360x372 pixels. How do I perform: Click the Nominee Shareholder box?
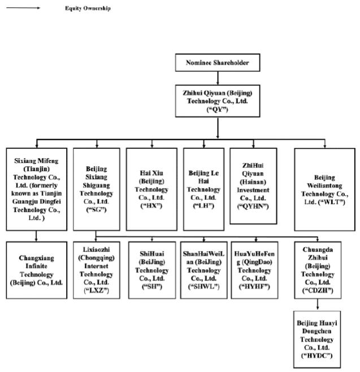218,63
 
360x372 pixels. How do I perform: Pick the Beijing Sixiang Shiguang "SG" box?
96,188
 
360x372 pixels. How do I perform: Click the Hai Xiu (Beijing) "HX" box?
151,188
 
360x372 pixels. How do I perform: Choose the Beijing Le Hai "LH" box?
203,188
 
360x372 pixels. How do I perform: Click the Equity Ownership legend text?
87,8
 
